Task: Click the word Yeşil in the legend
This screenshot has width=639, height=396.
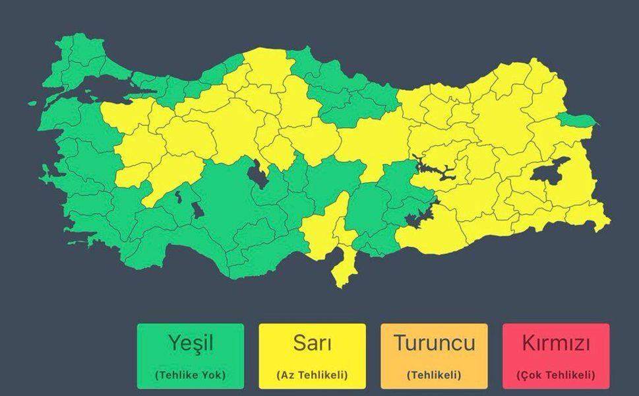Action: pyautogui.click(x=190, y=343)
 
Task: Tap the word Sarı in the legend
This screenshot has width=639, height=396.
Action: pyautogui.click(x=312, y=343)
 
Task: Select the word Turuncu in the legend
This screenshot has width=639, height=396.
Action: pyautogui.click(x=434, y=343)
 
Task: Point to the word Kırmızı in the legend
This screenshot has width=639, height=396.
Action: pyautogui.click(x=556, y=343)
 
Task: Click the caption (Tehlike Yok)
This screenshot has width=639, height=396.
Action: pyautogui.click(x=190, y=375)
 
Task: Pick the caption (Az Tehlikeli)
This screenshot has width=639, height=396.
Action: pyautogui.click(x=312, y=375)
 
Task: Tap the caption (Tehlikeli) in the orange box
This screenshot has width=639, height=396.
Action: pyautogui.click(x=434, y=375)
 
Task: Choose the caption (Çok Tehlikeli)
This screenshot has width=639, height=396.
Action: pyautogui.click(x=556, y=375)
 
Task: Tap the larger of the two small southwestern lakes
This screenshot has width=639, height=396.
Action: pyautogui.click(x=197, y=208)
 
